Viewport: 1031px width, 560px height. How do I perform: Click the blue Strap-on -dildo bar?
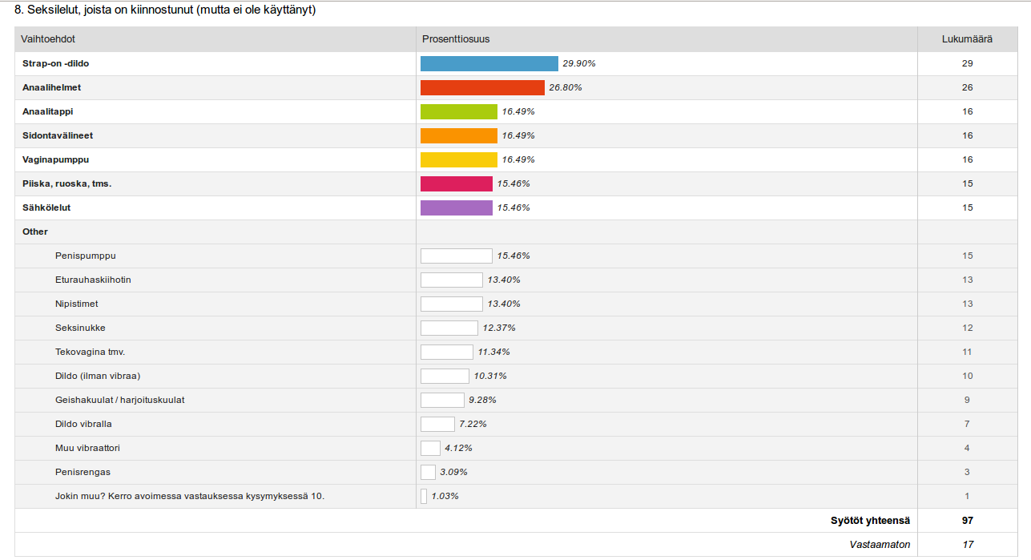(489, 63)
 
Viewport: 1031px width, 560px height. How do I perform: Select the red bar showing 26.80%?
(482, 87)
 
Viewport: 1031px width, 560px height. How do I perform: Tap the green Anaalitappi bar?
(458, 111)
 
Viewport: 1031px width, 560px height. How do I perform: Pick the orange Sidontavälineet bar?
(458, 135)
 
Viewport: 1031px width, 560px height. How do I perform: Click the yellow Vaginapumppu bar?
(458, 159)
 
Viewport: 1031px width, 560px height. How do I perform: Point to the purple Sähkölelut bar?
(456, 207)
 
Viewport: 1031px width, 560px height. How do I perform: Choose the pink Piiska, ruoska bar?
(456, 183)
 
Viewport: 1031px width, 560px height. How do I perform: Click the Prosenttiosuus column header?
(457, 39)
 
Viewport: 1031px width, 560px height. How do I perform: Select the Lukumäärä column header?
(967, 39)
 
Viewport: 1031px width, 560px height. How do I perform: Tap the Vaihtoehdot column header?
(48, 39)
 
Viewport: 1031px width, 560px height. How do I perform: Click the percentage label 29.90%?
(579, 63)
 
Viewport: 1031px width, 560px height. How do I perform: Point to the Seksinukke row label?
(80, 328)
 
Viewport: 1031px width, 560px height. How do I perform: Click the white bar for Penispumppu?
(456, 256)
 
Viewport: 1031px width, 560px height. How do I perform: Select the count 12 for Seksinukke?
(968, 328)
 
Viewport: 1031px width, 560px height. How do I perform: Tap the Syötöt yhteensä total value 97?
(968, 521)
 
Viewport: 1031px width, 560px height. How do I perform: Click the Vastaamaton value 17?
(968, 545)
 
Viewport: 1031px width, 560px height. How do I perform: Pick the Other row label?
(35, 232)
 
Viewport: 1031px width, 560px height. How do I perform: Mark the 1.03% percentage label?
(445, 496)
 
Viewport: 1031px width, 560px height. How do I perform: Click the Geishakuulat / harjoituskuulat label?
(119, 400)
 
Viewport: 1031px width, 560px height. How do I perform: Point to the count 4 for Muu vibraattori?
(968, 448)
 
